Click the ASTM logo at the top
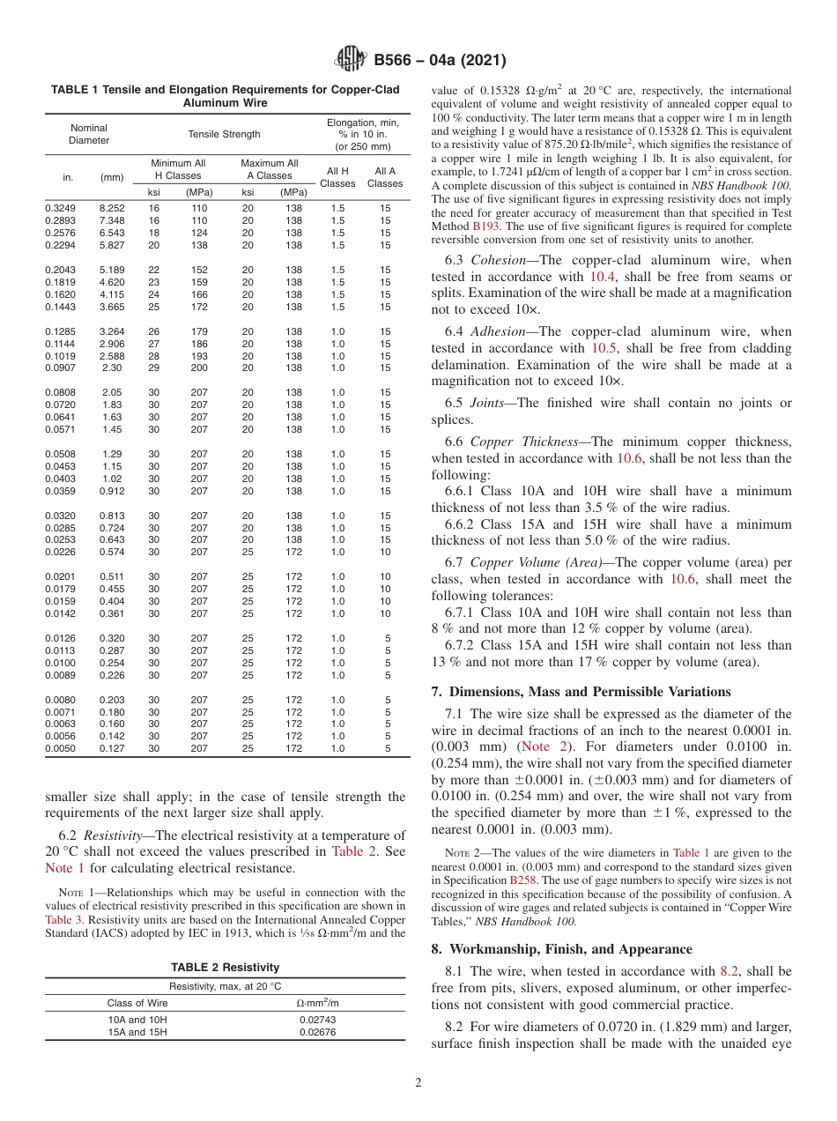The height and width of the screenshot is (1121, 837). pos(351,60)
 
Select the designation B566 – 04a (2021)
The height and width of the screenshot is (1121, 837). pos(440,61)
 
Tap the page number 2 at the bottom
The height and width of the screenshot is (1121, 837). pos(418,1082)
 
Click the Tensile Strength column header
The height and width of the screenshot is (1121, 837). pos(224,134)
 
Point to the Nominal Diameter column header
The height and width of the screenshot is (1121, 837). pos(89,134)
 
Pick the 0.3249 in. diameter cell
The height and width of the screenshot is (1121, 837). pos(61,208)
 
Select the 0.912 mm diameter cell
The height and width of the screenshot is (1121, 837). pos(112,491)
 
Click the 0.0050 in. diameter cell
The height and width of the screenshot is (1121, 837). pos(61,748)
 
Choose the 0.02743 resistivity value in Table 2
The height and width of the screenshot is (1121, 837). pos(317,1019)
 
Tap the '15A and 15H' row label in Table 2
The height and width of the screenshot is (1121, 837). pos(137,1031)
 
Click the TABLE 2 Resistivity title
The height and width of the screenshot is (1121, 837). pos(226,967)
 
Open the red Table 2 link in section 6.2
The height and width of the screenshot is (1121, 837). pos(352,850)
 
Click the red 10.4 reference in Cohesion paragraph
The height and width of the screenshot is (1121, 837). pos(604,276)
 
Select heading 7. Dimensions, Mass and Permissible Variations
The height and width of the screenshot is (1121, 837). pos(581,692)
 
